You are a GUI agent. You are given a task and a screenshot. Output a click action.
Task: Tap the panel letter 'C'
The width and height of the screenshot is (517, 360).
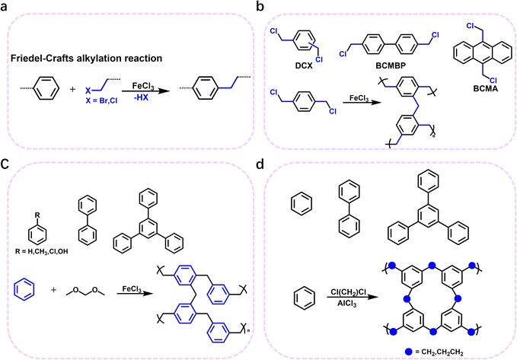tap(8, 184)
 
